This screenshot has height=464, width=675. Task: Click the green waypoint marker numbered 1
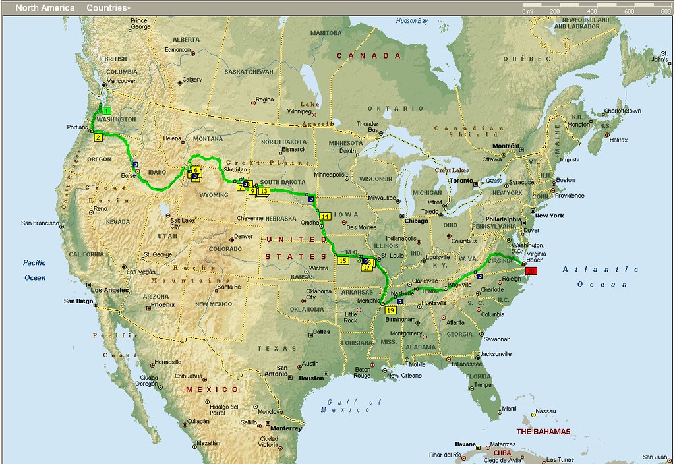[106, 111]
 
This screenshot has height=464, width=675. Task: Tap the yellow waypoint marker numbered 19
[390, 310]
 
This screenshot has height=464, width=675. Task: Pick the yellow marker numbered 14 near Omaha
[325, 216]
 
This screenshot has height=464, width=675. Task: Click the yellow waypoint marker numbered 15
[343, 261]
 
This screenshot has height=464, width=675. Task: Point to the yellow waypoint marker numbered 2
[98, 137]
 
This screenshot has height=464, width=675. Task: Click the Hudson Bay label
[412, 21]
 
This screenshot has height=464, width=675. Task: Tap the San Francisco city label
[40, 223]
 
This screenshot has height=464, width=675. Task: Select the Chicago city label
[416, 221]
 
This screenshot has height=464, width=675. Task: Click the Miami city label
[509, 409]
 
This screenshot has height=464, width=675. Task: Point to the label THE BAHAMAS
[543, 432]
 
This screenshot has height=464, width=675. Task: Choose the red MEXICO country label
[203, 390]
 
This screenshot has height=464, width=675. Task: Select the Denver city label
[243, 236]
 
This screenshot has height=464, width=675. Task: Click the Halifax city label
[619, 140]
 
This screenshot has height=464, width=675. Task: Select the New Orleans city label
[404, 376]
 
